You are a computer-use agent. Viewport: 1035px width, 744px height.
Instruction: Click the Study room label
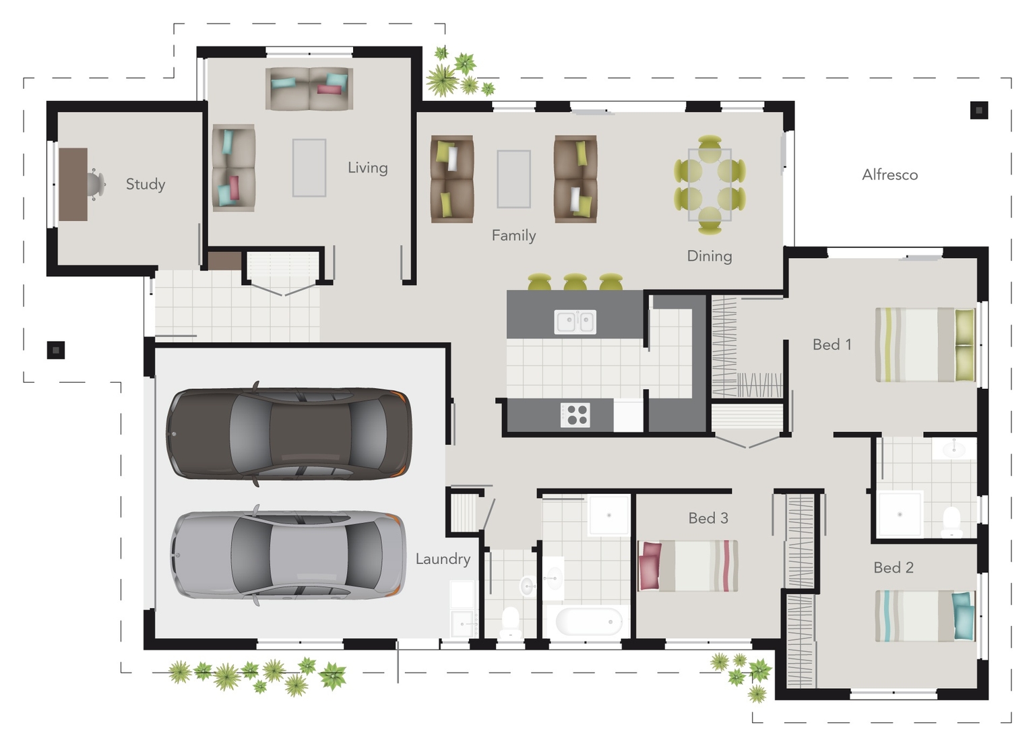pyautogui.click(x=145, y=184)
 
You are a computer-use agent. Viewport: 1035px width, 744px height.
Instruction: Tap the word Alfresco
pyautogui.click(x=889, y=175)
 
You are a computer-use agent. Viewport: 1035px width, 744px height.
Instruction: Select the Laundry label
pyautogui.click(x=442, y=559)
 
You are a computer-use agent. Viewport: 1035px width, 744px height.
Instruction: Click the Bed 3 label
pyautogui.click(x=708, y=518)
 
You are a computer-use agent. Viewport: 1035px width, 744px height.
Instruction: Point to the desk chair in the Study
pyautogui.click(x=96, y=183)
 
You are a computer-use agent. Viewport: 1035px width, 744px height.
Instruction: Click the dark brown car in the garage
pyautogui.click(x=288, y=434)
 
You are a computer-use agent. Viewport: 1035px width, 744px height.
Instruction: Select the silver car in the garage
pyautogui.click(x=288, y=555)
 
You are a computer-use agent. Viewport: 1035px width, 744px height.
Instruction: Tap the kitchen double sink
pyautogui.click(x=575, y=322)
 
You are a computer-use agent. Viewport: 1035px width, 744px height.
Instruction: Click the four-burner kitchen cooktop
pyautogui.click(x=575, y=414)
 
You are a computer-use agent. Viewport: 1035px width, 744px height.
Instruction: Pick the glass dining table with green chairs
pyautogui.click(x=710, y=185)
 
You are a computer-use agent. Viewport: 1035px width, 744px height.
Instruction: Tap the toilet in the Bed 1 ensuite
pyautogui.click(x=951, y=522)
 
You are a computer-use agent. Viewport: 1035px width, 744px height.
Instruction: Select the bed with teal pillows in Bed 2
pyautogui.click(x=924, y=616)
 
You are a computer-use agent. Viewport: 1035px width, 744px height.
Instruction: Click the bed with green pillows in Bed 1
pyautogui.click(x=924, y=345)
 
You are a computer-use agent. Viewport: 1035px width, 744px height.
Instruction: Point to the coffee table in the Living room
pyautogui.click(x=309, y=168)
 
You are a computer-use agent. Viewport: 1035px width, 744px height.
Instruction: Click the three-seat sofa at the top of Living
pyautogui.click(x=309, y=88)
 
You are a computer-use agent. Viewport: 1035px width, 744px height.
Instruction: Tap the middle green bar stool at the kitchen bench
pyautogui.click(x=575, y=282)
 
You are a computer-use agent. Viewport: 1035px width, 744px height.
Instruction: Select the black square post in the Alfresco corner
pyautogui.click(x=978, y=110)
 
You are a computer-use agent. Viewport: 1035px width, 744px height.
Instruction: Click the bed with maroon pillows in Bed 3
pyautogui.click(x=688, y=566)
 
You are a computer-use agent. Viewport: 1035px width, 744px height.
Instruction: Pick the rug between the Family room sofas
pyautogui.click(x=513, y=179)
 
